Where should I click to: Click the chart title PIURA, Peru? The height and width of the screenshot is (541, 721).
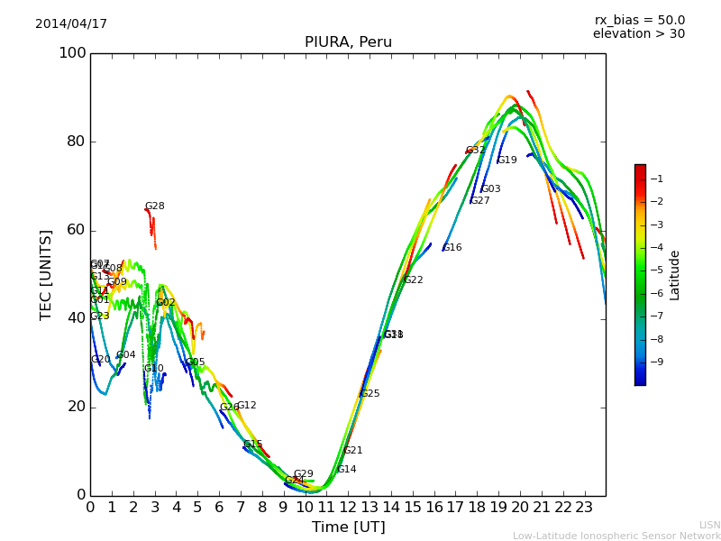tap(348, 42)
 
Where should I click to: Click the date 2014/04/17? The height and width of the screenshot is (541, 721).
tap(71, 24)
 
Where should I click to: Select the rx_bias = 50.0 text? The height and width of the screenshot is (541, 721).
tap(639, 20)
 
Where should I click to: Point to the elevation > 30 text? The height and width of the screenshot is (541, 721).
tap(638, 34)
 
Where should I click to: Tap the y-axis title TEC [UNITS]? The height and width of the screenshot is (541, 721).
tap(46, 274)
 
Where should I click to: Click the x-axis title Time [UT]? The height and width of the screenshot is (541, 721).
tap(348, 527)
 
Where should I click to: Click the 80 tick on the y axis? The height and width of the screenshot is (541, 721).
tap(75, 142)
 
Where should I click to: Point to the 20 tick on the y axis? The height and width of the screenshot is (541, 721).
tap(75, 407)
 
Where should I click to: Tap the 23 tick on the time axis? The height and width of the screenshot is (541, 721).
tap(584, 508)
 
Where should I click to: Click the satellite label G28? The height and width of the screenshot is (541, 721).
tap(155, 206)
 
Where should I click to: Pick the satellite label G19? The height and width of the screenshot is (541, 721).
tap(507, 160)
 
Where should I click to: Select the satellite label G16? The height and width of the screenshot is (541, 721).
tap(452, 248)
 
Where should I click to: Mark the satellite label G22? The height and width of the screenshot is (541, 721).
tap(414, 280)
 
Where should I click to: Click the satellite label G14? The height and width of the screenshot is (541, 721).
tap(347, 470)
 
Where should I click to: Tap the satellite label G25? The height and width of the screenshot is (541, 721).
tap(370, 394)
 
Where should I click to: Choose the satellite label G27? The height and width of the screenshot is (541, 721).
tap(480, 201)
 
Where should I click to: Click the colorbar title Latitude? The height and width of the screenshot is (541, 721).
tap(675, 275)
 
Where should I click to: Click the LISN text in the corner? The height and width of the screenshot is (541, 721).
tap(709, 525)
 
